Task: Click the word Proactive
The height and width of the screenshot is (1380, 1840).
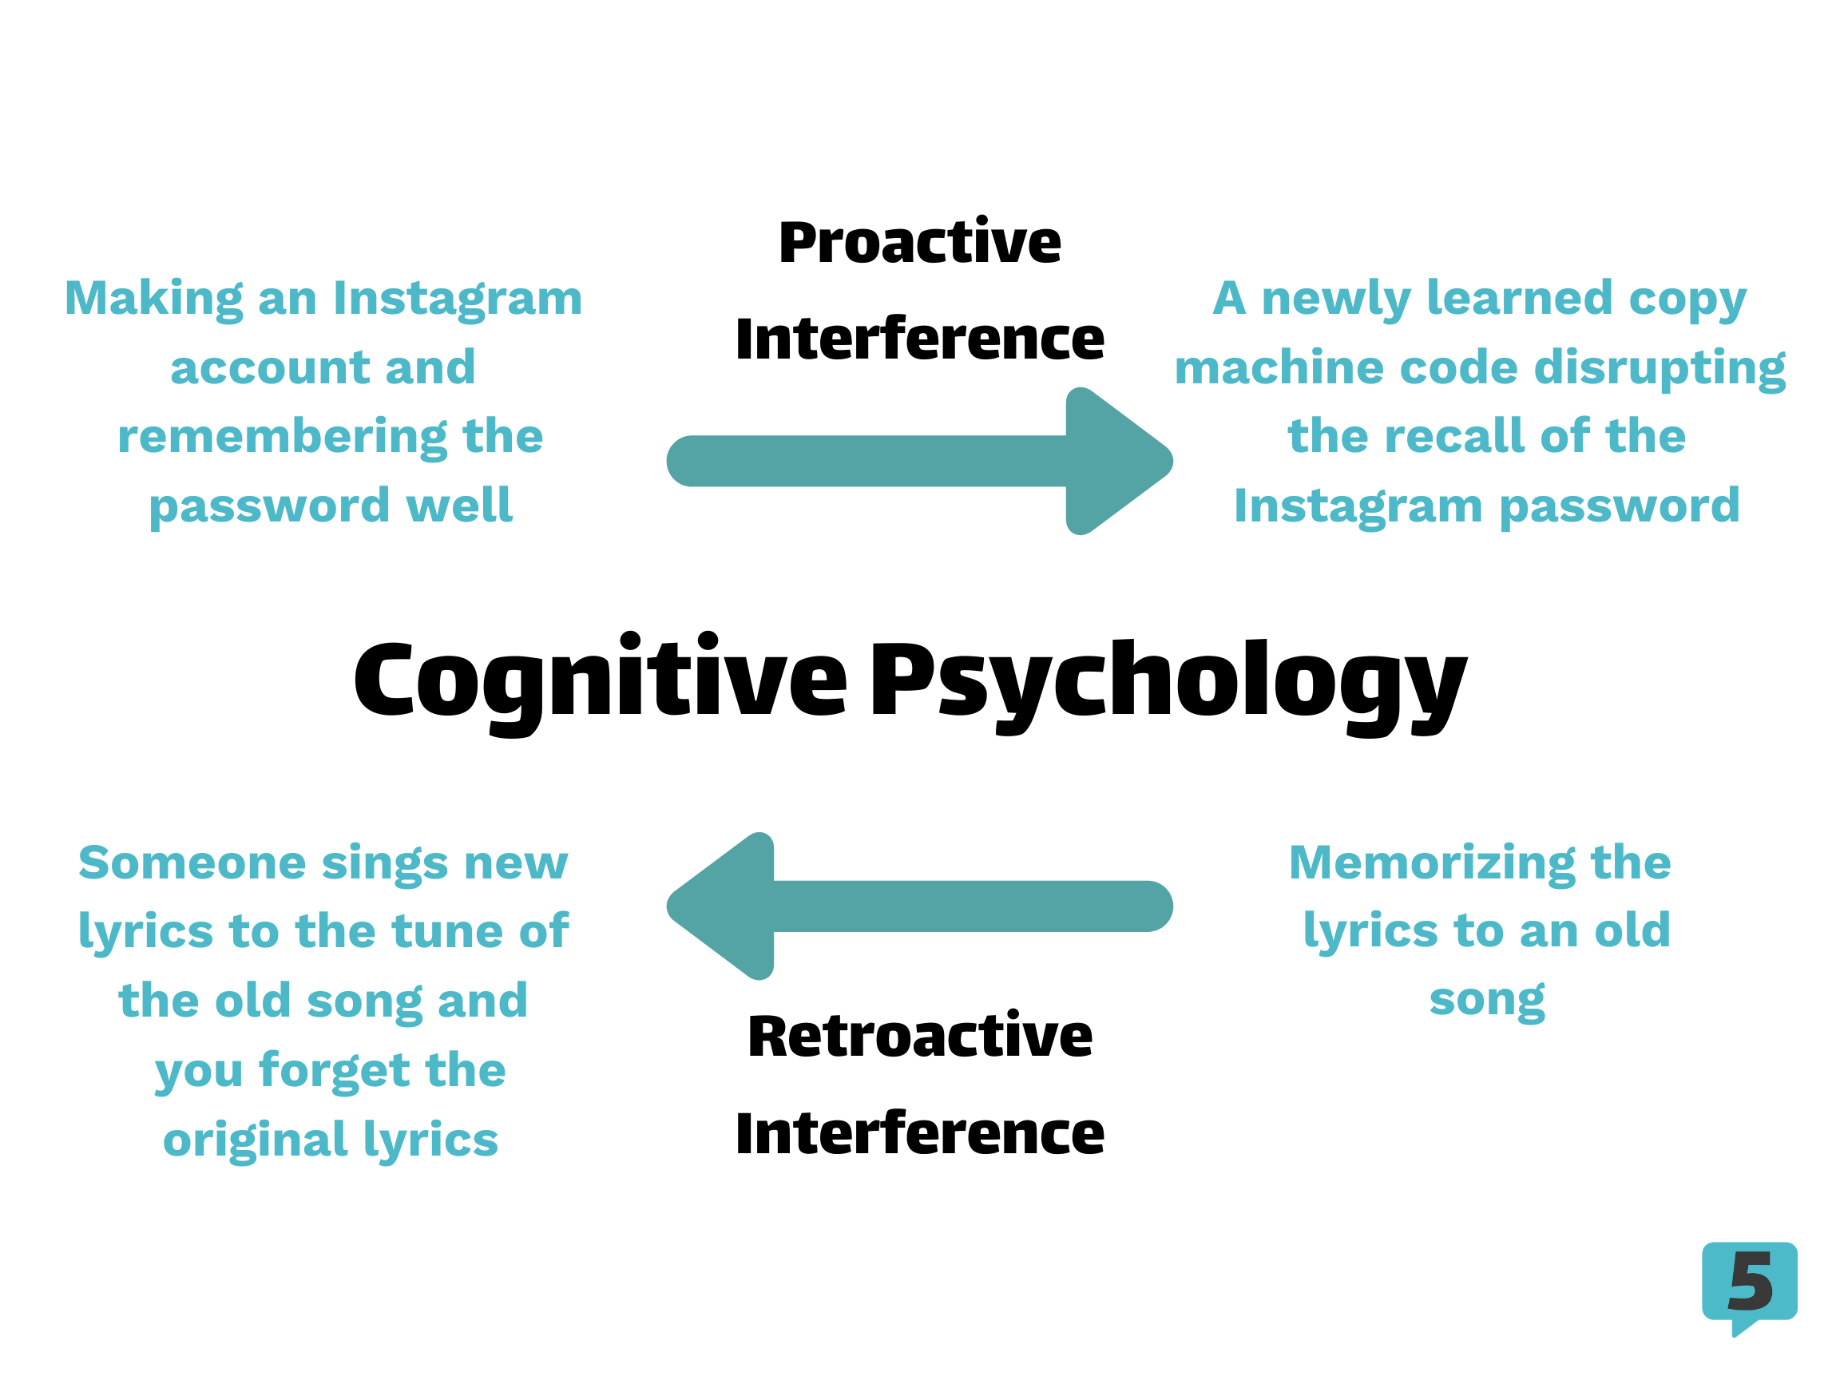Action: coord(919,242)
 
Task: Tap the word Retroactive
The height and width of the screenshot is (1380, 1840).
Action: coord(920,1037)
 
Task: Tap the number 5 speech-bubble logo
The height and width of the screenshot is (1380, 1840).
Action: coord(1749,1288)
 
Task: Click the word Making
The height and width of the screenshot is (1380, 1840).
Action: coord(154,299)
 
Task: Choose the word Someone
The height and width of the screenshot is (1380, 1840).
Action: coord(192,862)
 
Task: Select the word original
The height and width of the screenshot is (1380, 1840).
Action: coord(255,1140)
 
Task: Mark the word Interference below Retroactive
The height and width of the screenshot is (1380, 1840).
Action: coord(920,1133)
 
